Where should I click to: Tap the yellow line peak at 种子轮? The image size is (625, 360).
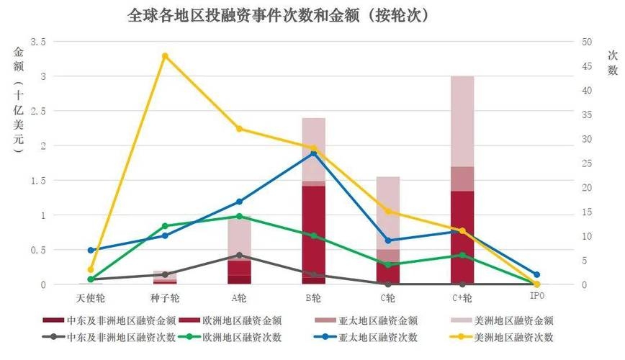click(165, 55)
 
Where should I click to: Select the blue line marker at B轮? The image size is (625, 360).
click(314, 153)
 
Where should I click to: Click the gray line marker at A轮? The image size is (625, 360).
click(239, 255)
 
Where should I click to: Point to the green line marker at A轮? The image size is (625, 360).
click(239, 216)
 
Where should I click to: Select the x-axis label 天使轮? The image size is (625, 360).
click(91, 297)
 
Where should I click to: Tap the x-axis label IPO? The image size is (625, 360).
click(536, 297)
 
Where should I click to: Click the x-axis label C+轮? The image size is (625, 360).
click(462, 297)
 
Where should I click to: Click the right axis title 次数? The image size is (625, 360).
click(613, 63)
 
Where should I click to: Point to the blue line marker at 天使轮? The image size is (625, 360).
click(91, 250)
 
